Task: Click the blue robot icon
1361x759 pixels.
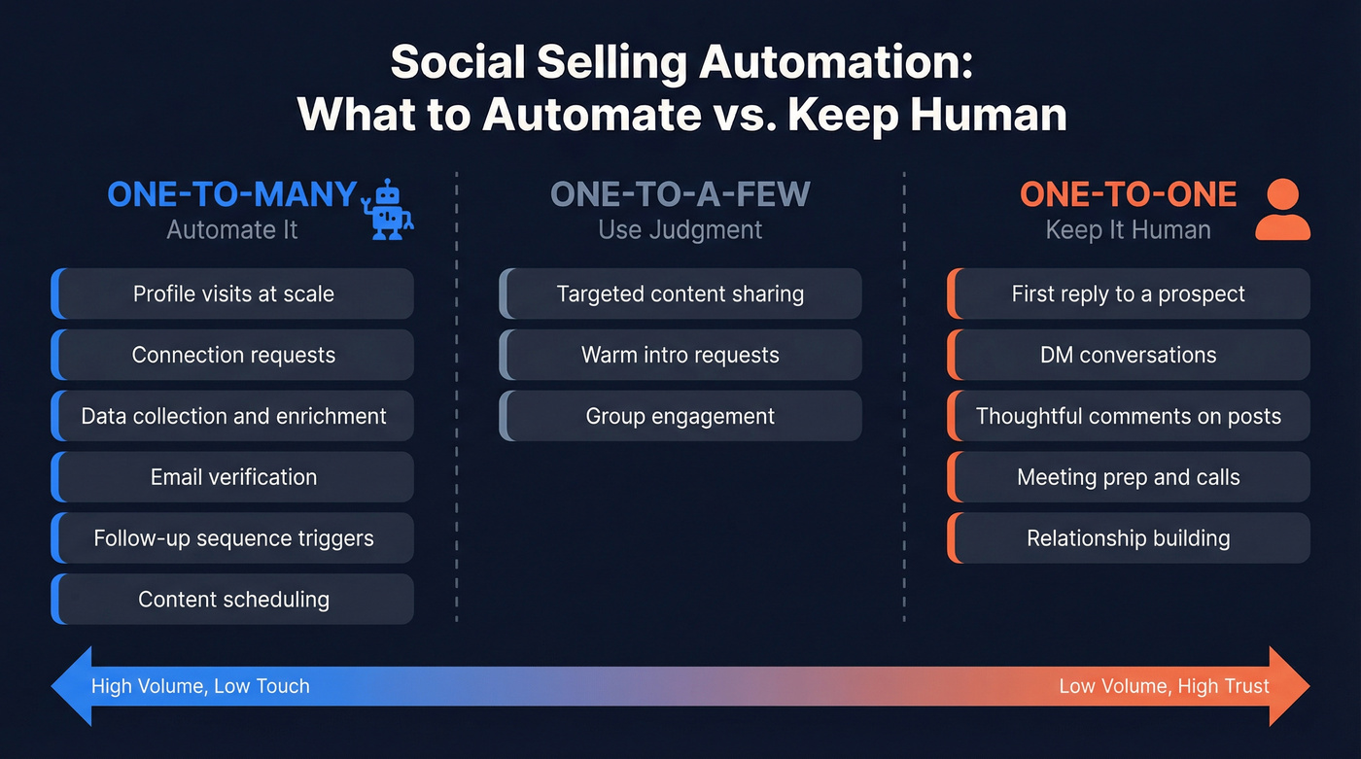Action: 387,208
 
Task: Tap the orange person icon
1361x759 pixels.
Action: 1282,209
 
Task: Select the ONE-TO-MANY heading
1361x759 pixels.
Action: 231,194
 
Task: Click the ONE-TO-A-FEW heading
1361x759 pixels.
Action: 680,194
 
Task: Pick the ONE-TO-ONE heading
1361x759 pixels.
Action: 1128,194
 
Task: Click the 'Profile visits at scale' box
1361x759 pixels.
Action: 233,294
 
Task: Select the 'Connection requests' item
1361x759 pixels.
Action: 233,356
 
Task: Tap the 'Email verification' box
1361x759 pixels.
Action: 233,477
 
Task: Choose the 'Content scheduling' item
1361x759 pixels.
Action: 233,600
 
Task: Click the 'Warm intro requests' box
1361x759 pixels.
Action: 680,356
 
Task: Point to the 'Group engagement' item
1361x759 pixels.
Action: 680,417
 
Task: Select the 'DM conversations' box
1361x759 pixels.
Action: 1128,356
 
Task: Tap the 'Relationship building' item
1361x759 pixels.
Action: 1128,538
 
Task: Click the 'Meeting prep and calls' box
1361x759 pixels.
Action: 1128,477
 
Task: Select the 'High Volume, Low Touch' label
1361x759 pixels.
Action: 200,686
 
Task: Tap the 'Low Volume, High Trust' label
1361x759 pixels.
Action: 1164,686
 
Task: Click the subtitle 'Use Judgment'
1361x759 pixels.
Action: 680,230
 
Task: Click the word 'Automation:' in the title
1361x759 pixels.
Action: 835,63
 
